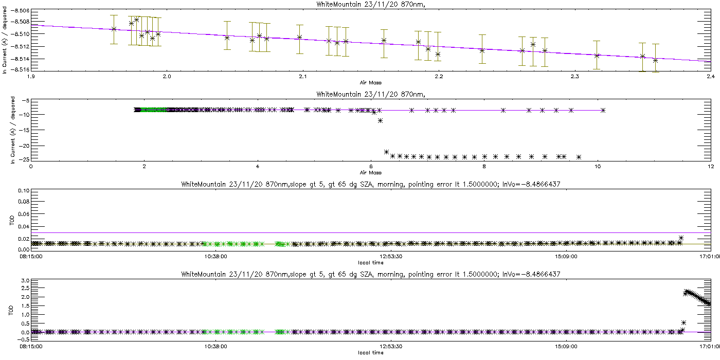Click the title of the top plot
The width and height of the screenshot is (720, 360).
[360, 4]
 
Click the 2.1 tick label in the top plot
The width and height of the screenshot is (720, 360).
[302, 77]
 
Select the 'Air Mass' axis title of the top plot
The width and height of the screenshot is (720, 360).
[370, 82]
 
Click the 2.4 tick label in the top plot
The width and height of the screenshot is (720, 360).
[710, 77]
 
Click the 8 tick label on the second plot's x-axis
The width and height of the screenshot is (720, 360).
[484, 166]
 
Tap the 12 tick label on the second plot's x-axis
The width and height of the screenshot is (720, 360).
[710, 166]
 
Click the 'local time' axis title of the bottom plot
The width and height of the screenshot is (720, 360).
[370, 353]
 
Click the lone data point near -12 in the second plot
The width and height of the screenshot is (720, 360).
[380, 121]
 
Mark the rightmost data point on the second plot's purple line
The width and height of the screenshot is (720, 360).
[603, 110]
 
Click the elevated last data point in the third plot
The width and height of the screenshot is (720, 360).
[681, 238]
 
